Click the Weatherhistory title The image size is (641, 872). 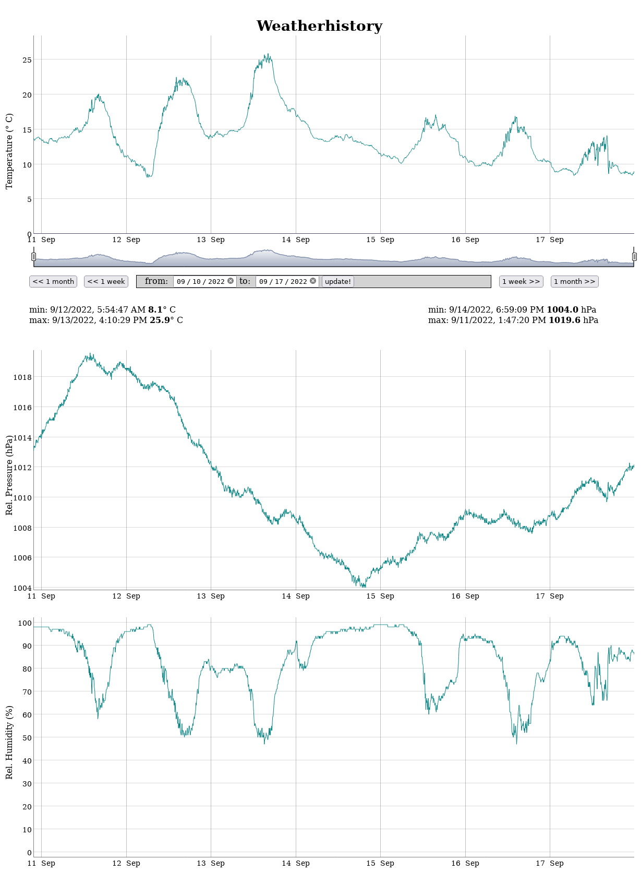(x=319, y=26)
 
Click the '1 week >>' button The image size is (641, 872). (x=521, y=281)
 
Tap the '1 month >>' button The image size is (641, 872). (x=574, y=281)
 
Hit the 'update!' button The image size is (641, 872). (x=338, y=281)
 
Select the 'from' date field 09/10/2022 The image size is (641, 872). (x=200, y=281)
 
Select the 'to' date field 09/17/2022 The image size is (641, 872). (x=283, y=281)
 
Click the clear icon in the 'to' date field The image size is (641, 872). (x=313, y=281)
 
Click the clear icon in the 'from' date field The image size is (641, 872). (x=231, y=281)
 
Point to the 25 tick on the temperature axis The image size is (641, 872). (x=27, y=60)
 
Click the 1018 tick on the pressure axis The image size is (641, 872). (x=22, y=377)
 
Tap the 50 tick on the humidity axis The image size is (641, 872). (x=25, y=738)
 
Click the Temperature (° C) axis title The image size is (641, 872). (x=9, y=151)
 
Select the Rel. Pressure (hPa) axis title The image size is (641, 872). (x=9, y=475)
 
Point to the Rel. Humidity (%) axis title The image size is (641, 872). (x=9, y=742)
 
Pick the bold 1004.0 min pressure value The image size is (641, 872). (x=562, y=309)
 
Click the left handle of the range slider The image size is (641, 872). (x=34, y=257)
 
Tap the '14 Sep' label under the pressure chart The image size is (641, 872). (x=296, y=596)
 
